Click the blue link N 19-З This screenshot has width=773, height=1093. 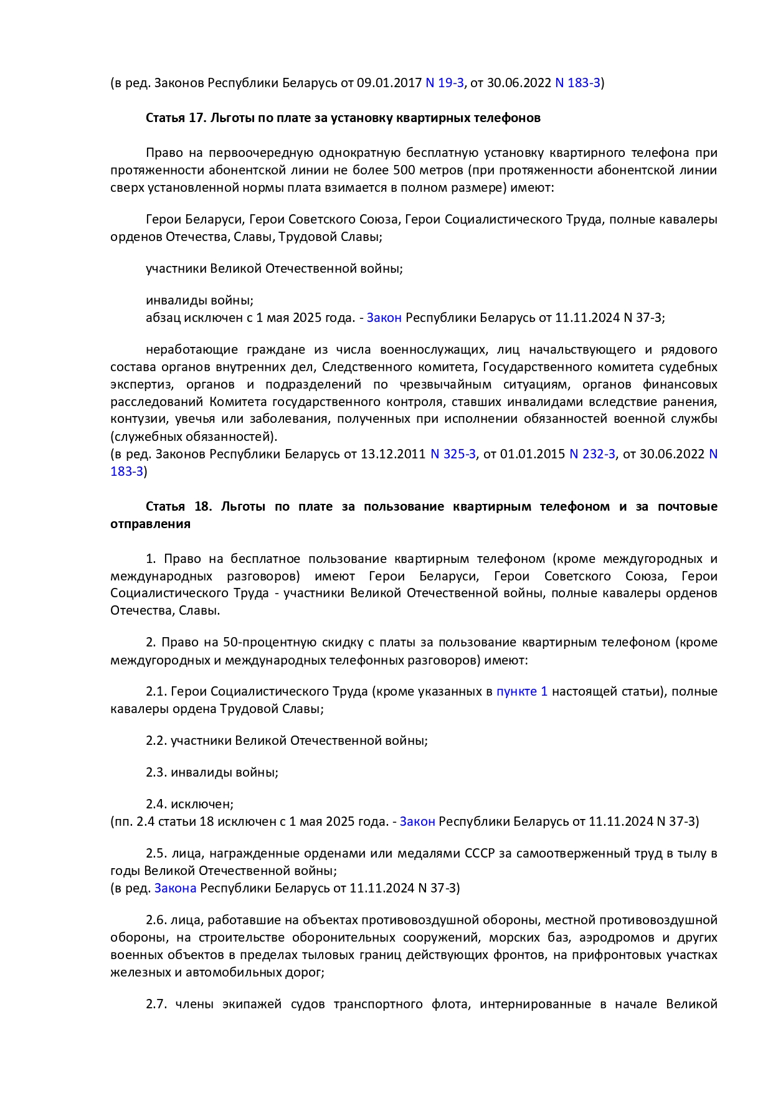444,83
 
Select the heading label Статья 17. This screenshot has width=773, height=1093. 176,118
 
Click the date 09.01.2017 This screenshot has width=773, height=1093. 389,83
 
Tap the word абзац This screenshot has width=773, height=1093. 163,318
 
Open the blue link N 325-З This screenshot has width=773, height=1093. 453,454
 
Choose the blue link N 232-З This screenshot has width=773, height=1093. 592,454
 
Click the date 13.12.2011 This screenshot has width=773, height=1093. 393,454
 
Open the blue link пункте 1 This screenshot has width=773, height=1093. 522,691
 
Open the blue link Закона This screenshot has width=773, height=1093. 175,888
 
